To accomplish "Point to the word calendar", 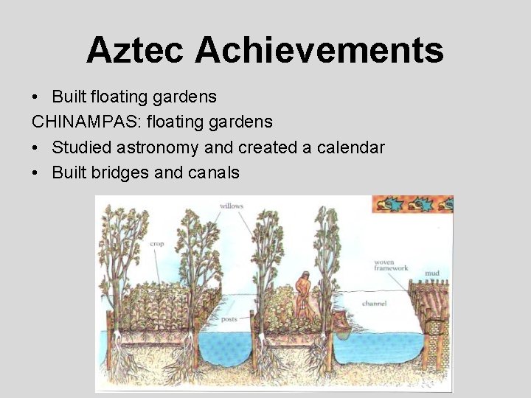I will (x=350, y=147).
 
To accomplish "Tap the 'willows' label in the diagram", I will (x=232, y=206).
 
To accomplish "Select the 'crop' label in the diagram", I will (x=157, y=244).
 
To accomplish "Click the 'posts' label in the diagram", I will (x=228, y=320).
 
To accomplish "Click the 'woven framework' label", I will (x=390, y=265).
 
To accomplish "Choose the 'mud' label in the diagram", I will (x=432, y=273).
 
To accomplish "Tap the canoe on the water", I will (x=341, y=324).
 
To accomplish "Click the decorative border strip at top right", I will (x=412, y=204).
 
